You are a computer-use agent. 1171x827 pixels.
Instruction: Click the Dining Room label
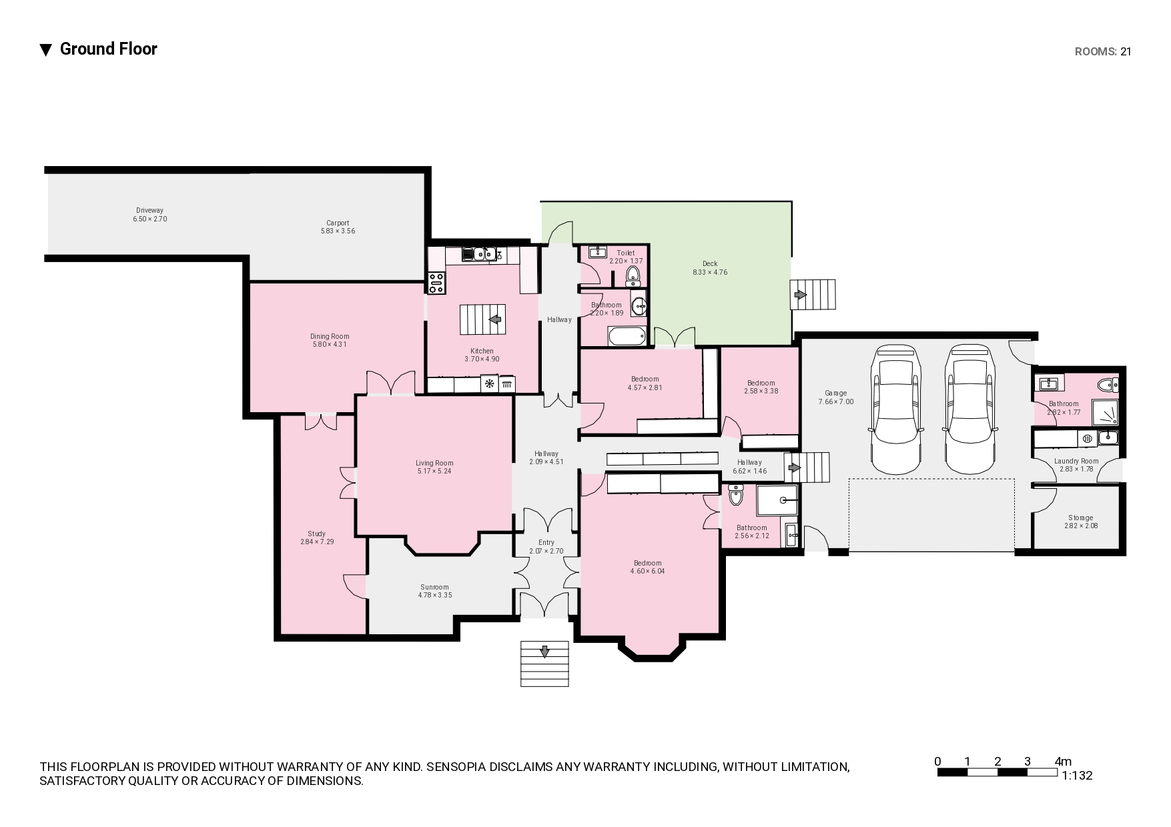point(330,336)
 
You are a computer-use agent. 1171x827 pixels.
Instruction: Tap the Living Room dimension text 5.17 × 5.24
point(434,471)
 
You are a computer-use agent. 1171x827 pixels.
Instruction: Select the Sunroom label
point(434,587)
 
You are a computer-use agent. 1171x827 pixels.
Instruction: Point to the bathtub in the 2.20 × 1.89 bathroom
point(627,335)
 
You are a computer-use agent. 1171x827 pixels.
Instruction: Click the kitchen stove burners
point(436,283)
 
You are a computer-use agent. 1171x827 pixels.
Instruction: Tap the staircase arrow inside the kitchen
point(495,319)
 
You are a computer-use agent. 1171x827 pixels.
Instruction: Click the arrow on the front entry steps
point(545,652)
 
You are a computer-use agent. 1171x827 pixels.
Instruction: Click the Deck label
point(710,263)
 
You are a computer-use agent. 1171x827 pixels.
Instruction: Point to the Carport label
point(338,223)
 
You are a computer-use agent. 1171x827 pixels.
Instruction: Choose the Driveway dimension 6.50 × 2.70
point(150,219)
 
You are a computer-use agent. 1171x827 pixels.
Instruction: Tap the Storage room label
point(1080,518)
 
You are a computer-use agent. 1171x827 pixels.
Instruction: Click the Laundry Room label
point(1076,461)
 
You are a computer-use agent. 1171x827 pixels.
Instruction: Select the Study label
point(317,534)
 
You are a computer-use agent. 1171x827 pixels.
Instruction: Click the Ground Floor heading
point(109,49)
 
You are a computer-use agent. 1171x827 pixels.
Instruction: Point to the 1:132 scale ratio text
point(1077,776)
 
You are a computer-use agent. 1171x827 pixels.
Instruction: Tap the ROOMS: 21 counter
point(1103,51)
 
